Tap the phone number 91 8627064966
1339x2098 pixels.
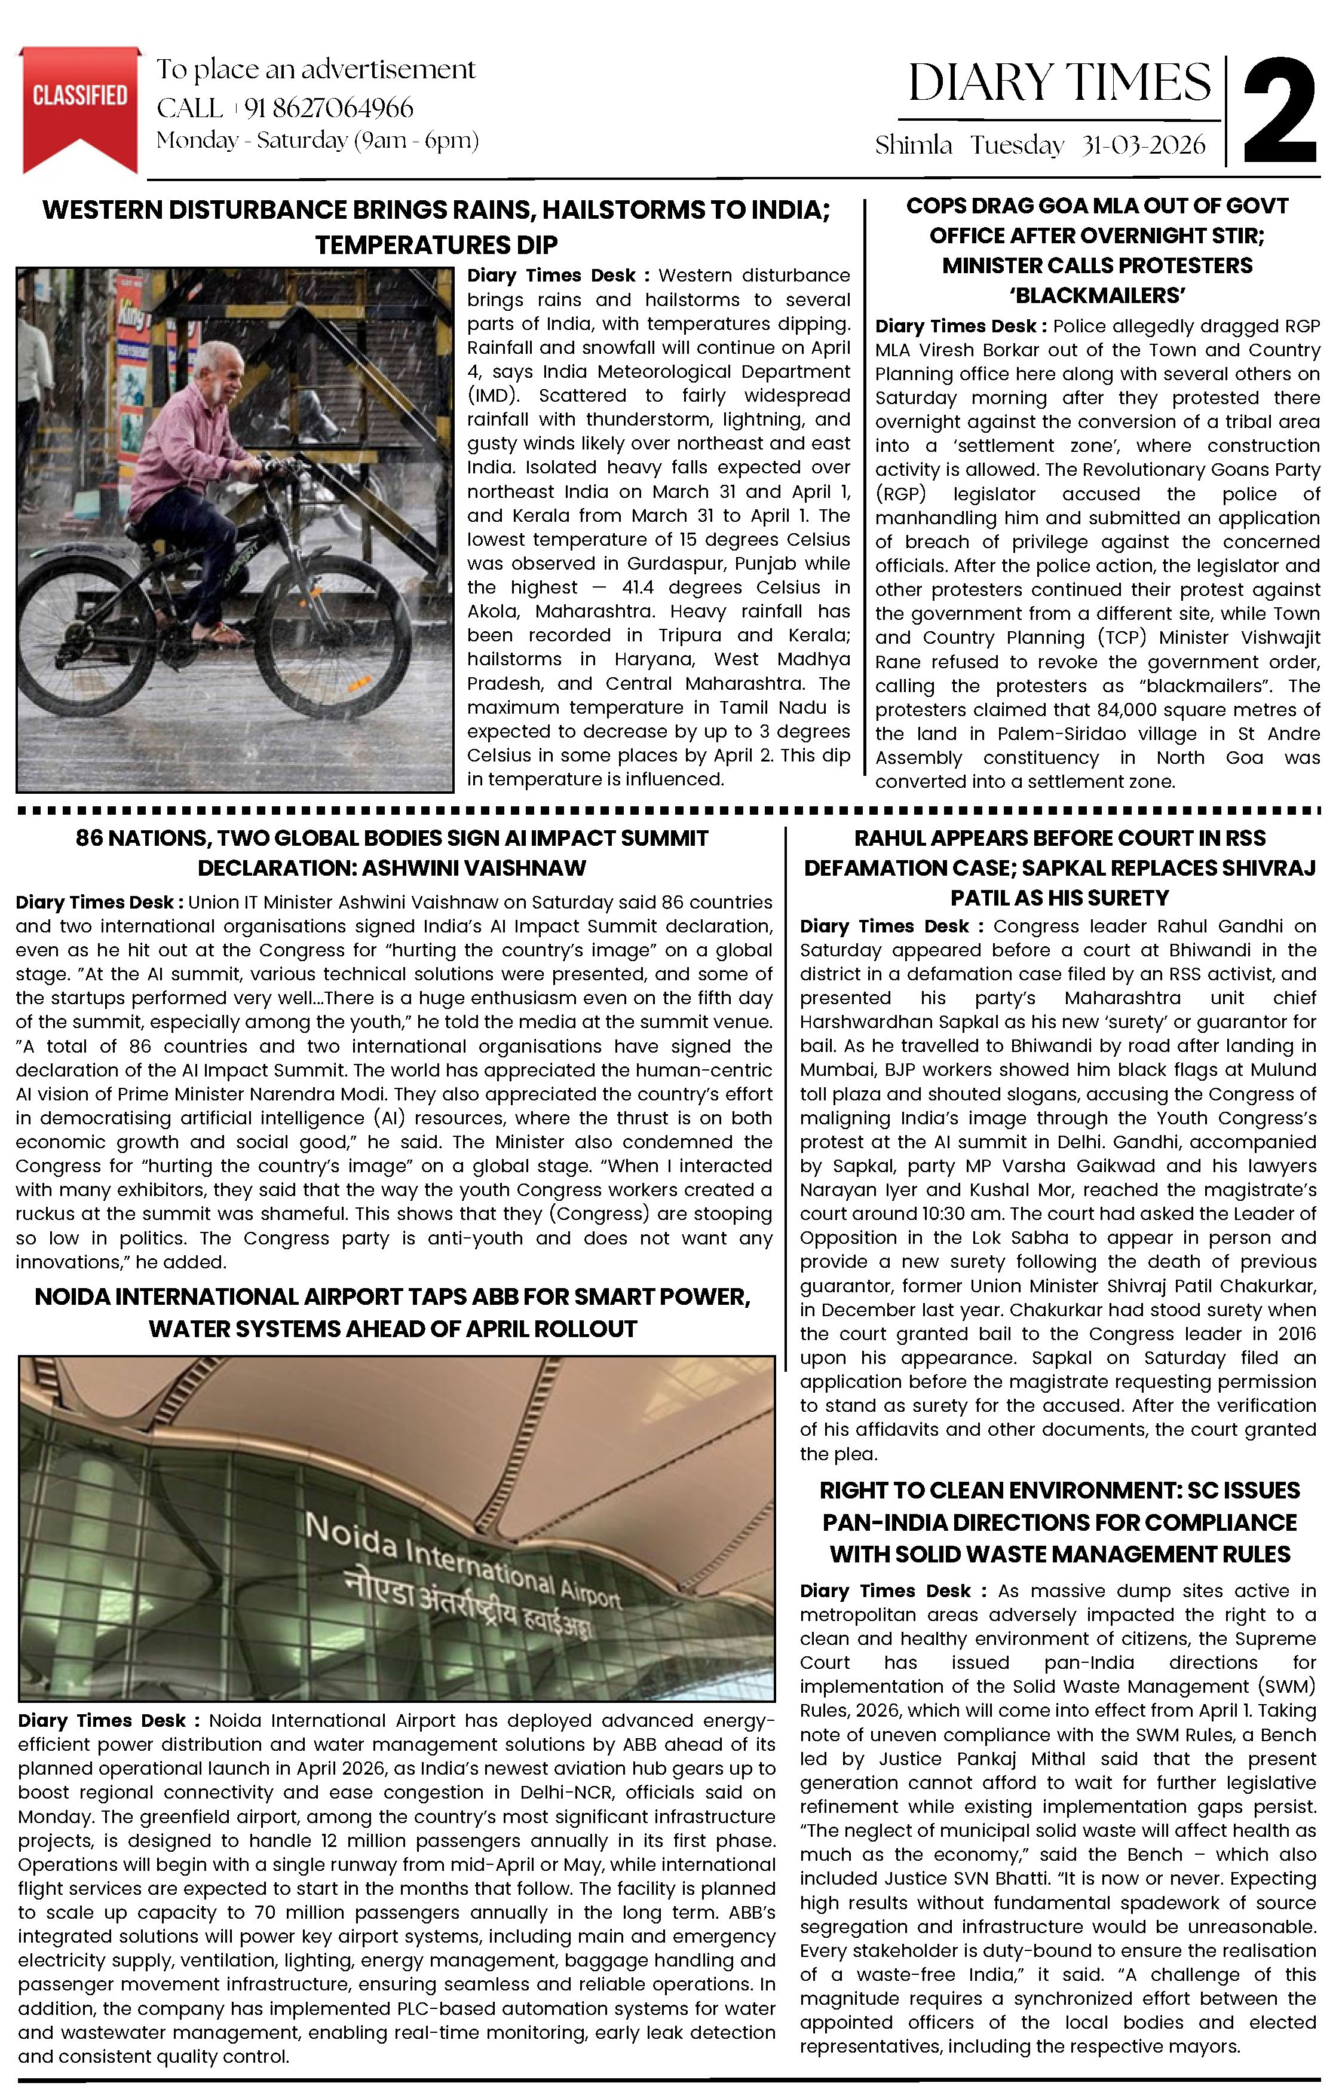pyautogui.click(x=329, y=108)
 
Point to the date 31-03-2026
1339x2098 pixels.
pyautogui.click(x=1143, y=145)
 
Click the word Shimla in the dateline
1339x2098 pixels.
pyautogui.click(x=913, y=145)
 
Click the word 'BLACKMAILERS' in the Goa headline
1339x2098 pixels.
pyautogui.click(x=1097, y=295)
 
